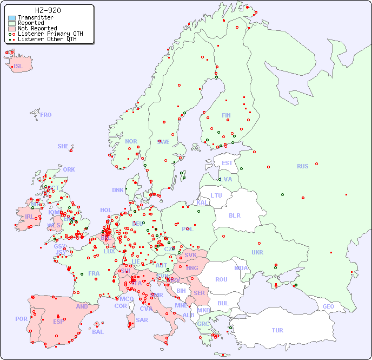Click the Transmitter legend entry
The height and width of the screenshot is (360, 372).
tap(35, 17)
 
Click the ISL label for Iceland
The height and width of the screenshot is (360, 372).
tap(18, 67)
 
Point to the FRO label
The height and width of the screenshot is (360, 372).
tap(46, 115)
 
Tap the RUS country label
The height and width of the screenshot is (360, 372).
tap(302, 166)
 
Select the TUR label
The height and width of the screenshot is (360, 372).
tap(277, 330)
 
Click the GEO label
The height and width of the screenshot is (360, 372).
tap(328, 306)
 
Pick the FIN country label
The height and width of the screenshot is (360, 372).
tap(226, 115)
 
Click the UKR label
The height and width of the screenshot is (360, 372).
tap(257, 252)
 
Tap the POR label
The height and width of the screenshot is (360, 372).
tap(21, 319)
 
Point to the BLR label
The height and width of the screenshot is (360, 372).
tap(235, 215)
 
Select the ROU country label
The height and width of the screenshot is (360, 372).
tap(221, 279)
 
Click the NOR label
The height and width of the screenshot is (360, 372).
tap(131, 141)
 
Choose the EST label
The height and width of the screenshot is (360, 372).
tap(227, 163)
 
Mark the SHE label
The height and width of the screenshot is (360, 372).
tap(63, 146)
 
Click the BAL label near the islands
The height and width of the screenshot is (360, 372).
tap(98, 332)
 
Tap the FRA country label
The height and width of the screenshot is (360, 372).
tap(94, 273)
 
